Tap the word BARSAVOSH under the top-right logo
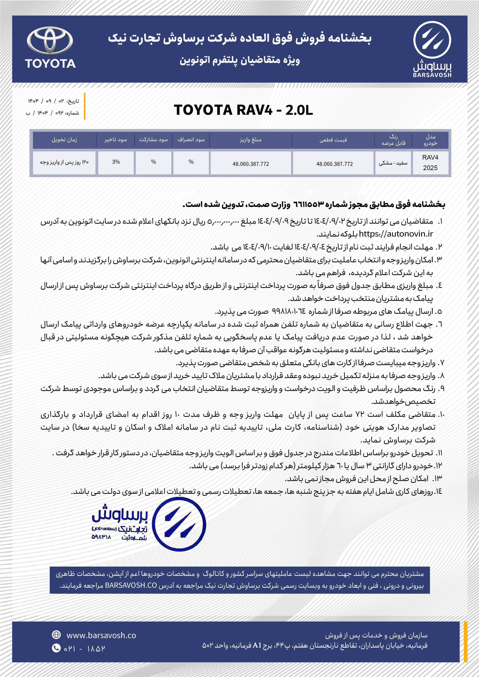(432, 75)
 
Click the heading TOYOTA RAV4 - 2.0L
(243, 110)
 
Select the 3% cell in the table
(116, 162)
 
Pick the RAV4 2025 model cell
(430, 163)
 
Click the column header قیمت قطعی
(333, 140)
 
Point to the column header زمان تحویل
(64, 140)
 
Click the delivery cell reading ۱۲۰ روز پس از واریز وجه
(64, 162)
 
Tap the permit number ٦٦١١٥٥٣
(308, 204)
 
